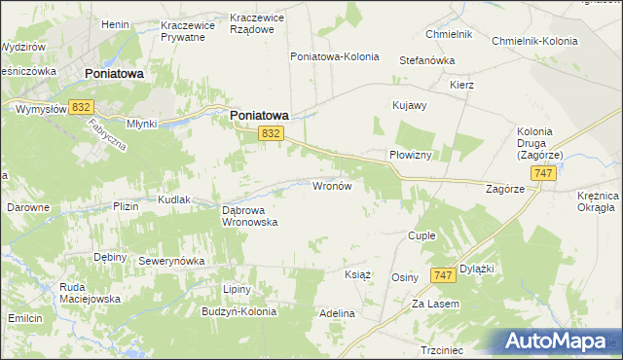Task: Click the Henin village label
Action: pos(116,23)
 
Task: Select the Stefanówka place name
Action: pos(427,60)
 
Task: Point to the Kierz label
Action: pos(461,85)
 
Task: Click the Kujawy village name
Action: pos(409,105)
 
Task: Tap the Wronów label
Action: pos(338,185)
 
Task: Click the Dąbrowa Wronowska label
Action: pos(250,215)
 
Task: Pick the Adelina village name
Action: pos(337,314)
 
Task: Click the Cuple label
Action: pos(421,236)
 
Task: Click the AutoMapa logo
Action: pos(559,341)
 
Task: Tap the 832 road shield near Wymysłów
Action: pos(82,107)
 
